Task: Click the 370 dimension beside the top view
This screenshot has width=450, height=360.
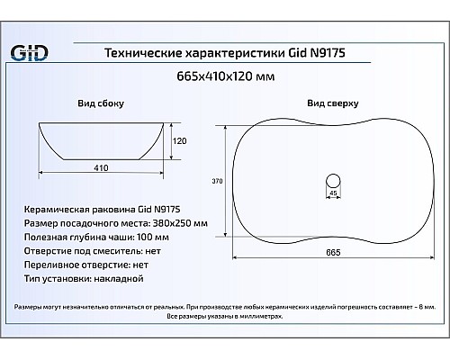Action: pyautogui.click(x=216, y=181)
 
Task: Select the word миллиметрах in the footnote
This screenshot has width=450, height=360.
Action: pyautogui.click(x=258, y=317)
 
